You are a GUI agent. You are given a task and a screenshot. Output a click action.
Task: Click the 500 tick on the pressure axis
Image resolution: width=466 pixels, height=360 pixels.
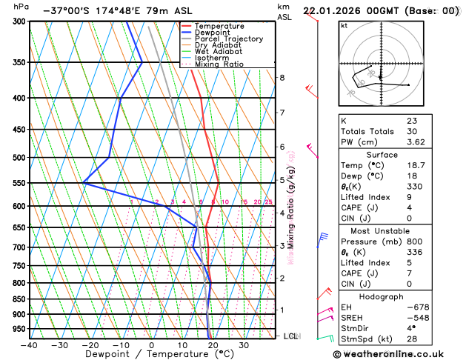tap(20, 158)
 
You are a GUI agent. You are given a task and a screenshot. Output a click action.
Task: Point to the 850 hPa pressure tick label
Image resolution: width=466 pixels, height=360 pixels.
tap(20, 299)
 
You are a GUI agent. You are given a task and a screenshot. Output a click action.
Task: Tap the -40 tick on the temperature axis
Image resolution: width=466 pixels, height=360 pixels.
tap(29, 345)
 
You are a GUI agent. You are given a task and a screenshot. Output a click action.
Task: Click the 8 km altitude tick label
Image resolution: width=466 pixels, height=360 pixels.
tap(282, 78)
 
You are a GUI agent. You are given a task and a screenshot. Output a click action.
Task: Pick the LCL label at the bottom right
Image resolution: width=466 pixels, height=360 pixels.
tap(290, 336)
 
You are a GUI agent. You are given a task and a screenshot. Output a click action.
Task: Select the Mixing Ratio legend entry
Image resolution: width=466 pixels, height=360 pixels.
tap(219, 64)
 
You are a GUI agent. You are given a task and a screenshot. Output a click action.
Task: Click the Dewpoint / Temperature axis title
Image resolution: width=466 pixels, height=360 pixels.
tap(151, 354)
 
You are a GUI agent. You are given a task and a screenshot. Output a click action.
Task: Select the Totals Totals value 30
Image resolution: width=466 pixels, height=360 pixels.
tap(412, 131)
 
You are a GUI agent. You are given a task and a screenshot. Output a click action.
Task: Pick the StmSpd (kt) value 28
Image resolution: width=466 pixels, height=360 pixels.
tap(412, 339)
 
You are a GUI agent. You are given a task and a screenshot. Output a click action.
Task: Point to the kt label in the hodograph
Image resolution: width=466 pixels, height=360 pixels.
tap(344, 25)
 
